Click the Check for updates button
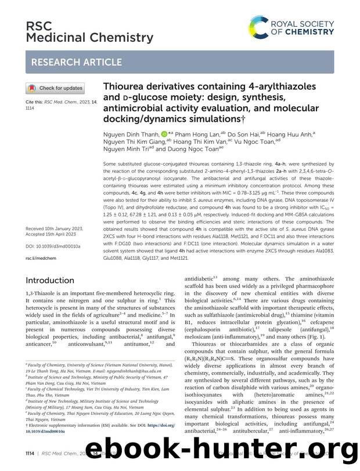coord(55,88)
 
